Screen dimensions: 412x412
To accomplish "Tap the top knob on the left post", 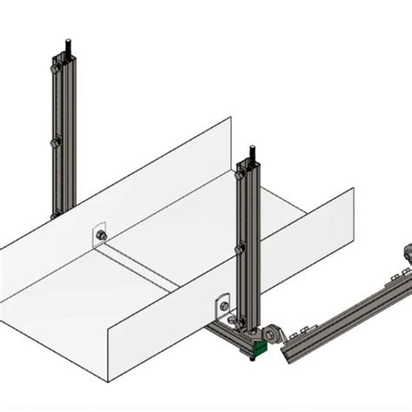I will pyautogui.click(x=56, y=63).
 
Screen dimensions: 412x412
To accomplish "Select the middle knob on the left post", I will pyautogui.click(x=56, y=142).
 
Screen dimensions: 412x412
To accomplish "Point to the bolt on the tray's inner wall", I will pyautogui.click(x=101, y=235).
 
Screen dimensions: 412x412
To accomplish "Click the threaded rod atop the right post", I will pyautogui.click(x=253, y=153).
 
